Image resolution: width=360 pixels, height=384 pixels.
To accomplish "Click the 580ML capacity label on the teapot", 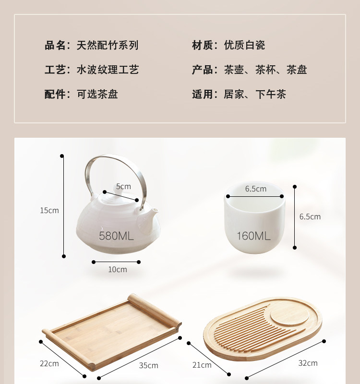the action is click(116, 236).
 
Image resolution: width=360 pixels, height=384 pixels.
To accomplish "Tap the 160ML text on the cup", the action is click(253, 236).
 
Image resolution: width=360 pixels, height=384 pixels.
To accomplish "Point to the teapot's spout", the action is click(149, 216).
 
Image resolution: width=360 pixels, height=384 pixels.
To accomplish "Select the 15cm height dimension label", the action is click(49, 210).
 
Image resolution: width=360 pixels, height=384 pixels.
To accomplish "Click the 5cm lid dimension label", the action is click(123, 186).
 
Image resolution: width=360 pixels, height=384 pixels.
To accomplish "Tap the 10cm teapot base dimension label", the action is click(118, 269).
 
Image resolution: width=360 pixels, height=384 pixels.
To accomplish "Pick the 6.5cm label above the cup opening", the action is click(256, 189).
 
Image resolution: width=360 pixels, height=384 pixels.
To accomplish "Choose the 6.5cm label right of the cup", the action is click(310, 216).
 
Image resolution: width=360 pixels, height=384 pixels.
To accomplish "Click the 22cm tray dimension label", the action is click(49, 363).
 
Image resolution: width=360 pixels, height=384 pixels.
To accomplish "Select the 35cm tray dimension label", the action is click(148, 365).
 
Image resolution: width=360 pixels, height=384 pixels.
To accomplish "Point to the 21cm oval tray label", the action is click(202, 365).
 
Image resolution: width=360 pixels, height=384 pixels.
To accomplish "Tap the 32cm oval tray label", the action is click(308, 363).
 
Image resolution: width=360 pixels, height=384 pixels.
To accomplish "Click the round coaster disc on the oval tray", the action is click(290, 314).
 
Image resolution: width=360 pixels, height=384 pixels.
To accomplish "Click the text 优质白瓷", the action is click(244, 45).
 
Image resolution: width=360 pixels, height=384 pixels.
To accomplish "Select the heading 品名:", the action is click(58, 45).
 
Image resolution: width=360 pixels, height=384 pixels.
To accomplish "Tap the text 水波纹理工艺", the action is click(108, 70).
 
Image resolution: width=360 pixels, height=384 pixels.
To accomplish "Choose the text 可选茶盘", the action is click(97, 94).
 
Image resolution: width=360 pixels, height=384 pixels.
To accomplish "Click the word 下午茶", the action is click(271, 94).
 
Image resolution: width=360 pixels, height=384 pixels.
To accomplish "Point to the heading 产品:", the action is click(205, 70).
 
